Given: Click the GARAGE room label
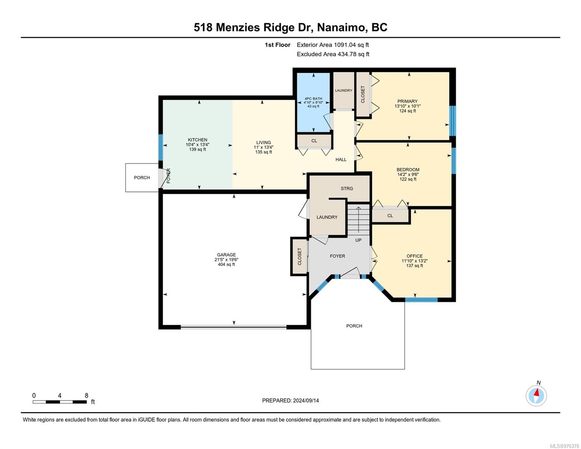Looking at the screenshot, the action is pyautogui.click(x=226, y=254).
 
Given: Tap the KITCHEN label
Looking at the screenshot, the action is pyautogui.click(x=197, y=140).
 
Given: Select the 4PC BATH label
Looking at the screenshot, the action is pyautogui.click(x=314, y=99).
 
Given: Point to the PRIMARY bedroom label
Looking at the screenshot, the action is pyautogui.click(x=407, y=101).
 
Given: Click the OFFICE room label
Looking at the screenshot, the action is pyautogui.click(x=415, y=256).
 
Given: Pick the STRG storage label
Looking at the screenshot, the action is pyautogui.click(x=347, y=189).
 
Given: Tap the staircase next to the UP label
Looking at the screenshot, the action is pyautogui.click(x=358, y=219).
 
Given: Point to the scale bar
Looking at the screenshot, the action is pyautogui.click(x=59, y=402).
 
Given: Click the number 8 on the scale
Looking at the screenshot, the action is pyautogui.click(x=86, y=395).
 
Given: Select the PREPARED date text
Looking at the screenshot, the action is pyautogui.click(x=290, y=401).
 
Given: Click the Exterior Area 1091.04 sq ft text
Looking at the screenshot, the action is pyautogui.click(x=333, y=45).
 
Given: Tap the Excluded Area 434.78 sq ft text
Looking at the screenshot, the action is pyautogui.click(x=333, y=54).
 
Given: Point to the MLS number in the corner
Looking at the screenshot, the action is pyautogui.click(x=565, y=446).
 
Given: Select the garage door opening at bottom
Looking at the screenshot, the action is pyautogui.click(x=233, y=327).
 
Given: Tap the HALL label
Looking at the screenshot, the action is pyautogui.click(x=341, y=160).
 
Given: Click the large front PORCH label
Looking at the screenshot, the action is pyautogui.click(x=354, y=326).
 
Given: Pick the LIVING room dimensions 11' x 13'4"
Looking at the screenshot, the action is pyautogui.click(x=263, y=147).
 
